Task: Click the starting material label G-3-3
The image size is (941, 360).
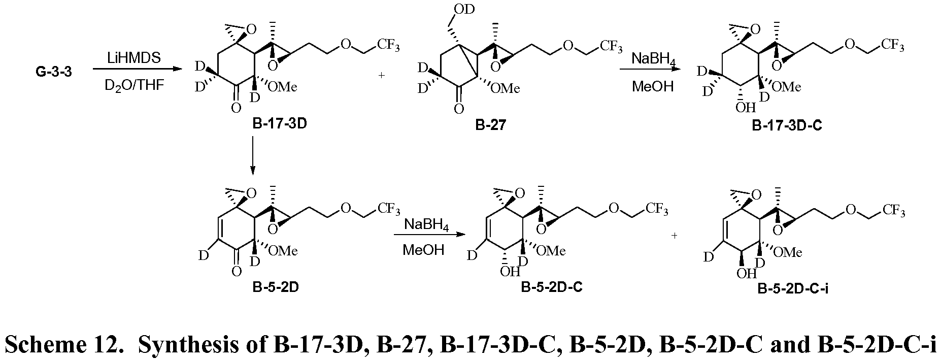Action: click(x=53, y=73)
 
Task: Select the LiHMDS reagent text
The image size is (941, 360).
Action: click(x=135, y=58)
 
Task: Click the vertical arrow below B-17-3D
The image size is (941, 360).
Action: click(x=252, y=157)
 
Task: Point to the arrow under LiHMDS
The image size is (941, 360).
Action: click(x=137, y=70)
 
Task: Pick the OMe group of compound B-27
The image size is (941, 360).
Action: click(x=505, y=88)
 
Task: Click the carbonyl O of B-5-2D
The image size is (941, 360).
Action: click(x=236, y=271)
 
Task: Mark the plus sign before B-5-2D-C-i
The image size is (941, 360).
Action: click(x=675, y=236)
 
